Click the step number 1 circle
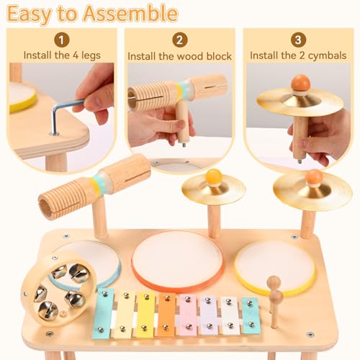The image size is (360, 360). pos(63,40)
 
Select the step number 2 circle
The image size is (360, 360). pos(180,40)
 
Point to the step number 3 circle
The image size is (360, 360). pos(297,40)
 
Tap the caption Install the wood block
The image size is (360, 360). pos(180,55)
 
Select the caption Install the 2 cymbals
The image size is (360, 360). pos(297,55)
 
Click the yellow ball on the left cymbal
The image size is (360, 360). pos(214,176)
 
